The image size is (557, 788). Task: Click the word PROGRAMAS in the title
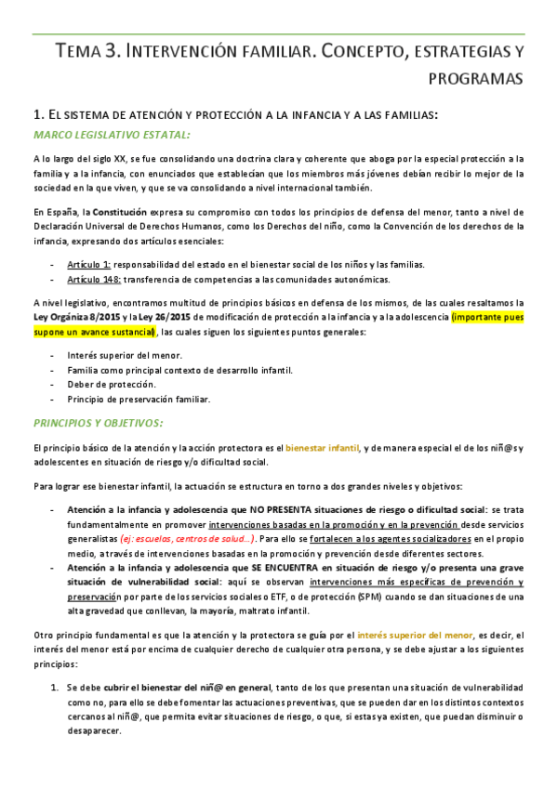(x=476, y=79)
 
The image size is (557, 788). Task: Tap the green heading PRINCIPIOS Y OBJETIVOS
(x=98, y=423)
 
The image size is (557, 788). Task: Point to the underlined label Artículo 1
(x=89, y=265)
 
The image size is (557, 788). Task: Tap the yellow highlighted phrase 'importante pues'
(x=486, y=317)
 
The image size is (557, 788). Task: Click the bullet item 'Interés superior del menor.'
(x=125, y=356)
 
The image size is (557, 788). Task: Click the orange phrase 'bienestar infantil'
(x=322, y=448)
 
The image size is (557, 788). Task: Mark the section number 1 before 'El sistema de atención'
(x=36, y=114)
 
